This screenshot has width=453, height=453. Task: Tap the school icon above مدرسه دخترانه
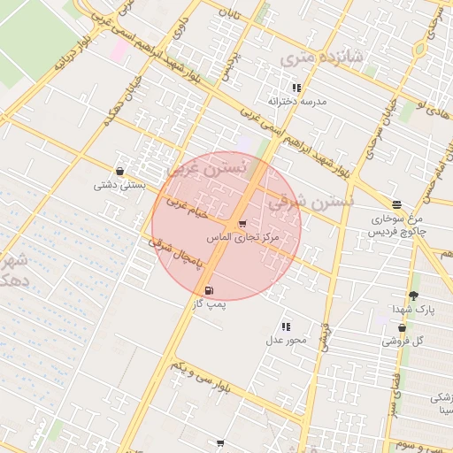click(296, 88)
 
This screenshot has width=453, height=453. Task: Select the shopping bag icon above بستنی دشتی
click(119, 172)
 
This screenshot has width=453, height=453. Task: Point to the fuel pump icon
click(209, 290)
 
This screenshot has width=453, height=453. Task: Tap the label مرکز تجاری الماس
click(242, 238)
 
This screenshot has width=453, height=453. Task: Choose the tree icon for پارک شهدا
click(413, 296)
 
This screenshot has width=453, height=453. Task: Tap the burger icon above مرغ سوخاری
click(395, 203)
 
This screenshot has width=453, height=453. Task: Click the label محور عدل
click(286, 340)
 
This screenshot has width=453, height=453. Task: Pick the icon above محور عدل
click(286, 326)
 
